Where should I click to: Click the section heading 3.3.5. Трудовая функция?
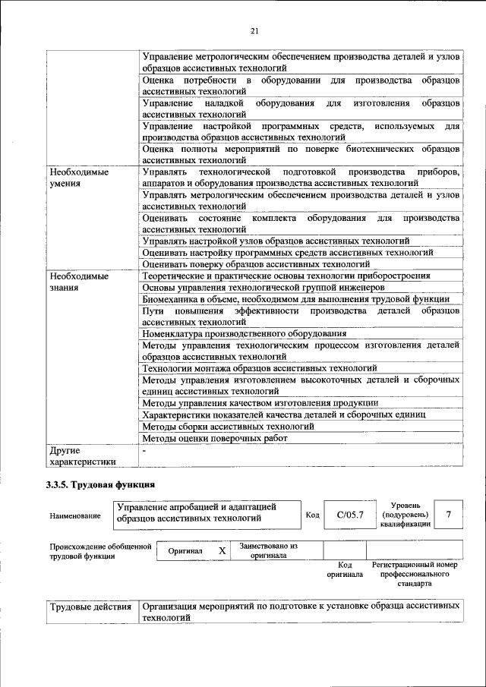tap(100, 484)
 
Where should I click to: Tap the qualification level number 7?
tap(449, 515)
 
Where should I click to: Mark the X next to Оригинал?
tap(222, 550)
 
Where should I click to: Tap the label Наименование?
tap(75, 516)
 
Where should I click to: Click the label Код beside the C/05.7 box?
tap(312, 515)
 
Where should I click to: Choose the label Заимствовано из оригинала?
tap(268, 550)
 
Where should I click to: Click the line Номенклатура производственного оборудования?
tap(245, 333)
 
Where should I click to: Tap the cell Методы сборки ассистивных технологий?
tap(228, 427)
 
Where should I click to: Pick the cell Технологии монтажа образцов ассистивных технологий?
tap(260, 368)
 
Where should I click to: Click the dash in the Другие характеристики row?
tap(144, 450)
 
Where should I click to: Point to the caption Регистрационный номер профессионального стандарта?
tap(414, 575)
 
